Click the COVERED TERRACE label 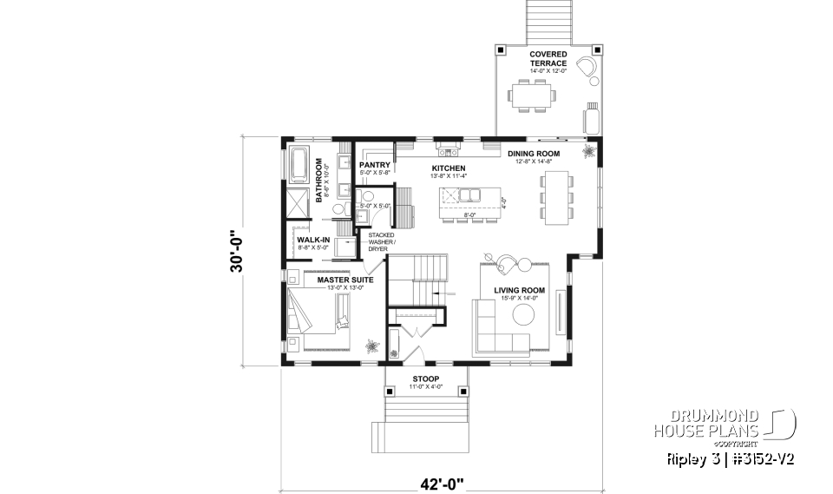(x=548, y=58)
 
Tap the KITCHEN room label (x=449, y=168)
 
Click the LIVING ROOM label (x=519, y=290)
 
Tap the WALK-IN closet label (x=313, y=240)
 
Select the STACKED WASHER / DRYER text (x=383, y=241)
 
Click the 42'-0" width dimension (x=425, y=481)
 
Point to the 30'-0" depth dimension (x=236, y=251)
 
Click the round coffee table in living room (x=521, y=316)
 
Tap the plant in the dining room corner (x=590, y=152)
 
